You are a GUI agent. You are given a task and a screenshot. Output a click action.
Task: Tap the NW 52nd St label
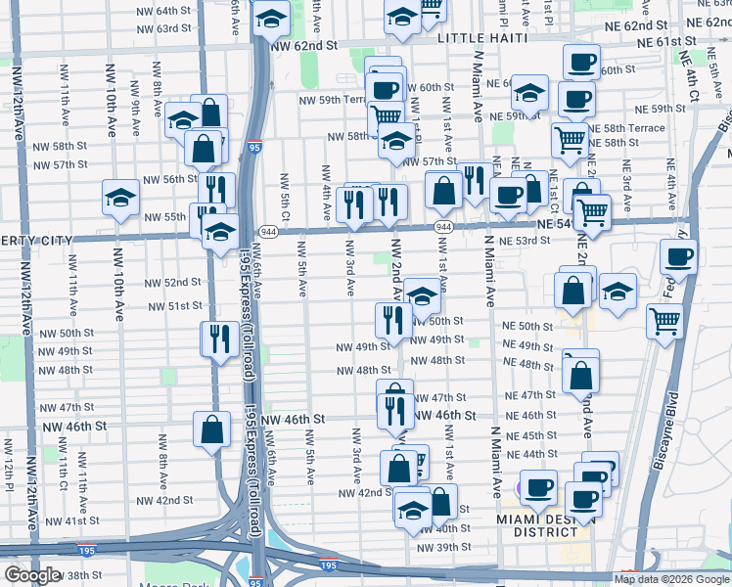pos(173,283)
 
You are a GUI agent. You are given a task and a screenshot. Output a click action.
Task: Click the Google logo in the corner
pos(31,575)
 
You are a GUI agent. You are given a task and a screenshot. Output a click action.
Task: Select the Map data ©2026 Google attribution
pos(670,579)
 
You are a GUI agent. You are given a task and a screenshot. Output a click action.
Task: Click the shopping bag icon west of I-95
pos(212,429)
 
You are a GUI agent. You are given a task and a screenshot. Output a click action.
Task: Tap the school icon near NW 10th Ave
pos(120,196)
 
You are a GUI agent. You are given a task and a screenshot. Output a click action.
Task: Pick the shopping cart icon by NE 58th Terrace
pos(569,138)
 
